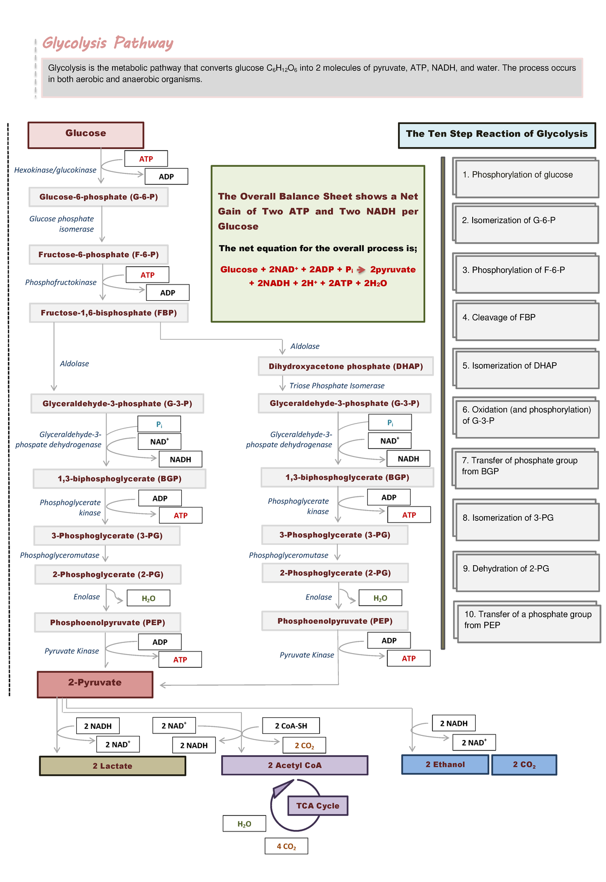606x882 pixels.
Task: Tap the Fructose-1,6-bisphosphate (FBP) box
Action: point(109,313)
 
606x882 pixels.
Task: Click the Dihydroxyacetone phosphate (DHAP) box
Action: point(345,366)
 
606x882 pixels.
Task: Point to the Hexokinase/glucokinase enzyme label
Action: point(55,170)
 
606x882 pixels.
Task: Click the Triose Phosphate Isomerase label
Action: point(337,386)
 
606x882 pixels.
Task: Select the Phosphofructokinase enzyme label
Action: point(61,283)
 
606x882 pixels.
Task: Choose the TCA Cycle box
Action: point(318,806)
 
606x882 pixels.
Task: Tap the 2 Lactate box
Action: point(112,766)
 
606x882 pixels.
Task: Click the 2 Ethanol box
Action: point(445,765)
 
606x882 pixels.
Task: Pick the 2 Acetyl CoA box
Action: point(294,765)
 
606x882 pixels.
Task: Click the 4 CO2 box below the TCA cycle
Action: point(286,846)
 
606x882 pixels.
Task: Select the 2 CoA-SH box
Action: point(291,726)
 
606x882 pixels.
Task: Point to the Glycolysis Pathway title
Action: point(108,43)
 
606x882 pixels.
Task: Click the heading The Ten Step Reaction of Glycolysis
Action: point(496,134)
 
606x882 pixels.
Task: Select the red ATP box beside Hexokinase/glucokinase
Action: point(146,159)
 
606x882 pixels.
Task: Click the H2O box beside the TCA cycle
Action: point(244,824)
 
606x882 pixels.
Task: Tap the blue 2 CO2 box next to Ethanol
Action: point(524,765)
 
